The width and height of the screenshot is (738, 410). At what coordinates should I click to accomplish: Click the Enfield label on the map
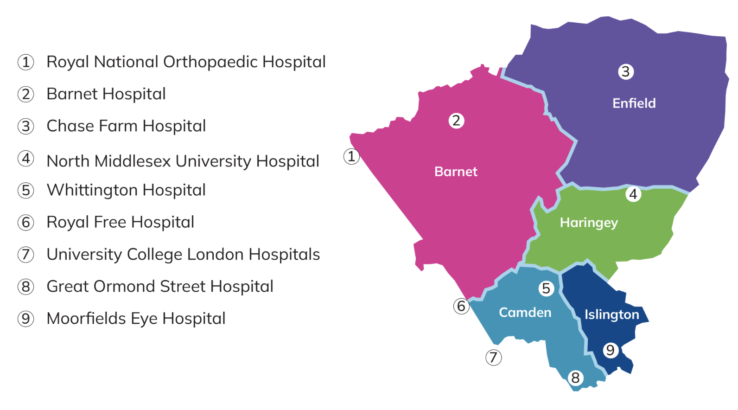click(x=634, y=103)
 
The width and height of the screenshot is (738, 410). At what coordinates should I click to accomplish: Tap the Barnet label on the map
click(x=456, y=172)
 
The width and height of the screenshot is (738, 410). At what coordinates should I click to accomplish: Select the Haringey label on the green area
click(x=589, y=223)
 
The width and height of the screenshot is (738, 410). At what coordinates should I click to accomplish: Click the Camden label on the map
click(x=525, y=313)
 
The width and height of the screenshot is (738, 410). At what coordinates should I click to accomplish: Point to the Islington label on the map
click(x=611, y=314)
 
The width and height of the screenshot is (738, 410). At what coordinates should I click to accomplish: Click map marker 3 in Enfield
click(x=626, y=72)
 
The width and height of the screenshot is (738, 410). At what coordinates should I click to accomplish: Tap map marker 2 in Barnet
click(x=457, y=121)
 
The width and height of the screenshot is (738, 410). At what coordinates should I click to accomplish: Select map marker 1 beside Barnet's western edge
click(x=351, y=156)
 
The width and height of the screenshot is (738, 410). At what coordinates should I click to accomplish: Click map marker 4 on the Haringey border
click(x=633, y=194)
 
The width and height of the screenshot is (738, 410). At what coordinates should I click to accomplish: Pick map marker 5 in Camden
click(x=546, y=288)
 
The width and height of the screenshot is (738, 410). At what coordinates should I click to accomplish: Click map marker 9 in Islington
click(x=611, y=350)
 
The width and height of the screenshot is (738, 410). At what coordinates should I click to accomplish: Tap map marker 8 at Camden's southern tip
click(x=575, y=378)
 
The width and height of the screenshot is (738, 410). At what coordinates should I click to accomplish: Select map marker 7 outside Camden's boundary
click(x=493, y=358)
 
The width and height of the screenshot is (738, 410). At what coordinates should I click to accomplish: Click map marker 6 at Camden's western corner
click(x=461, y=306)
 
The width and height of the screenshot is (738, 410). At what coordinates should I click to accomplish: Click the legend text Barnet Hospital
click(x=106, y=94)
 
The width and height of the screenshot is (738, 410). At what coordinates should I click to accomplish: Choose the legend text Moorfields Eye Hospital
click(x=136, y=319)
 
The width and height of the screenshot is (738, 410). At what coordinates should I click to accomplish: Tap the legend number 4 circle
click(x=26, y=159)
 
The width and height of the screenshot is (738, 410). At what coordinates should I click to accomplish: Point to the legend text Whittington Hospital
click(x=126, y=190)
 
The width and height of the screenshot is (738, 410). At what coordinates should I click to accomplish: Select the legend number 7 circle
click(x=26, y=255)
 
